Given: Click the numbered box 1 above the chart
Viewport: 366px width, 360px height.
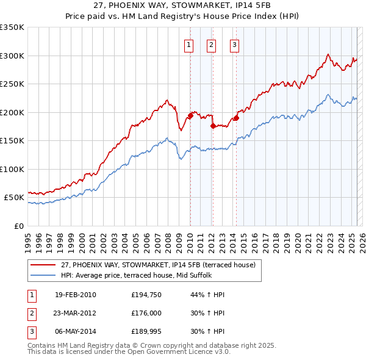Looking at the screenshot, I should tap(189, 44).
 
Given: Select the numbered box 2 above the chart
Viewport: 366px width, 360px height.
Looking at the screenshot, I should tap(212, 44).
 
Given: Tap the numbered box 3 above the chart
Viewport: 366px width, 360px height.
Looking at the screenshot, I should tap(235, 44).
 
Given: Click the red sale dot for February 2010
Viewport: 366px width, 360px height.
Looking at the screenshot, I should tap(190, 115).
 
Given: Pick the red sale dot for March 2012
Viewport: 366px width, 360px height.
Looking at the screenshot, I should tap(213, 126).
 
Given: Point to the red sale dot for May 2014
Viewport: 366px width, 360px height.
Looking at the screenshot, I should tap(236, 118).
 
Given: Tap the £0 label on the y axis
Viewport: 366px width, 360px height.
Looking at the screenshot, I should tap(19, 226).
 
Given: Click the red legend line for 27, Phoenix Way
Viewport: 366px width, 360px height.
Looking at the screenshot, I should tap(42, 265).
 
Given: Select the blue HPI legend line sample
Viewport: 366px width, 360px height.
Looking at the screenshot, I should tap(42, 275).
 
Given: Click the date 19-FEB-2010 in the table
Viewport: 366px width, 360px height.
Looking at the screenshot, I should tap(76, 295).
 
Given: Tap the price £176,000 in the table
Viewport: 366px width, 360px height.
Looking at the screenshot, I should tap(145, 314).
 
